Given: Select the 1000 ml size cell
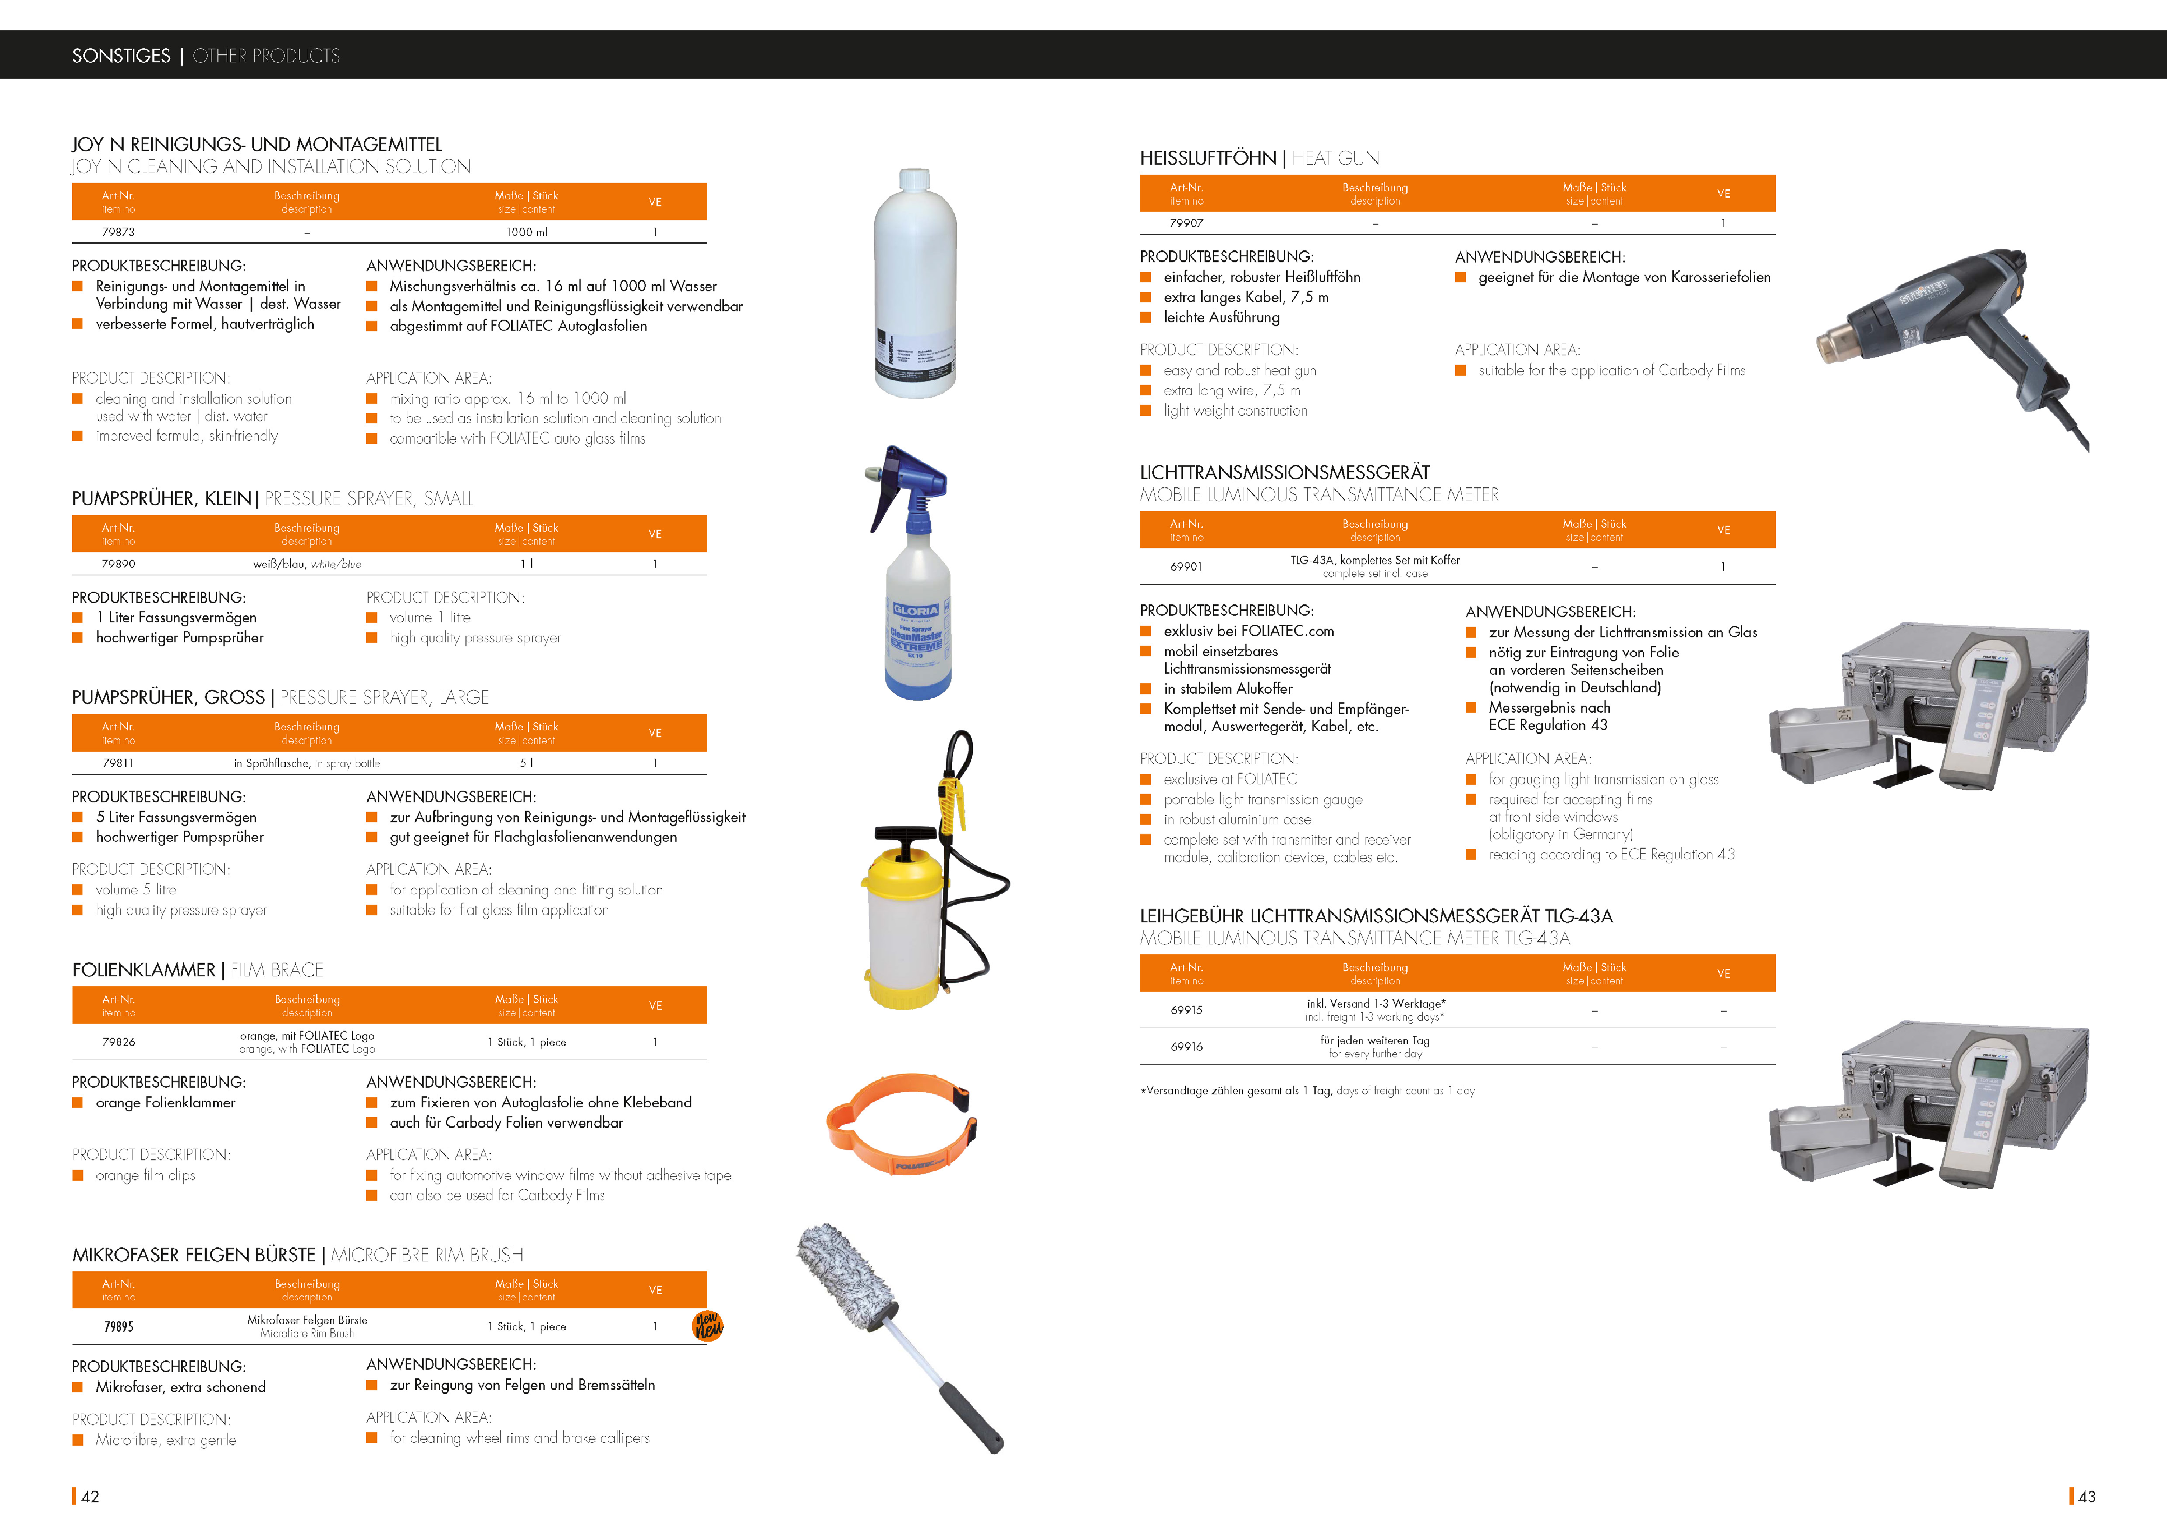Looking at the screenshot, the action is pos(526,232).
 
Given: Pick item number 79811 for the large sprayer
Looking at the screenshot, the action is pos(118,763).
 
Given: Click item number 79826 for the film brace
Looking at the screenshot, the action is pos(119,1042).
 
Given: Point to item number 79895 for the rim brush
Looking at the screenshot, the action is pos(119,1326).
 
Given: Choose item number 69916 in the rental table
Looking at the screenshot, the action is pos(1187,1047).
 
